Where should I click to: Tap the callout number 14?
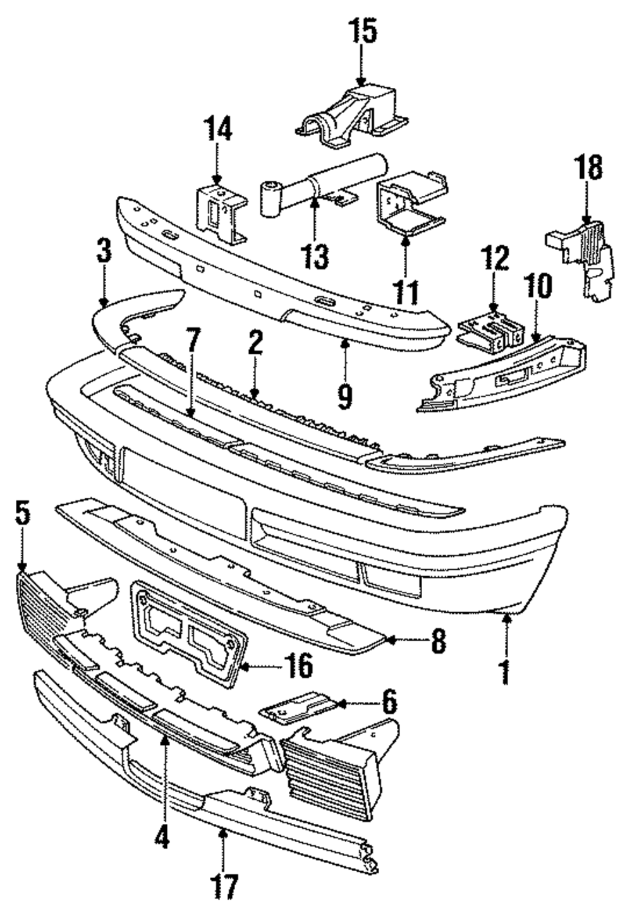click(217, 130)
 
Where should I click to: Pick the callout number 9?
click(345, 395)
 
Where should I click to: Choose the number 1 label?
click(506, 672)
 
